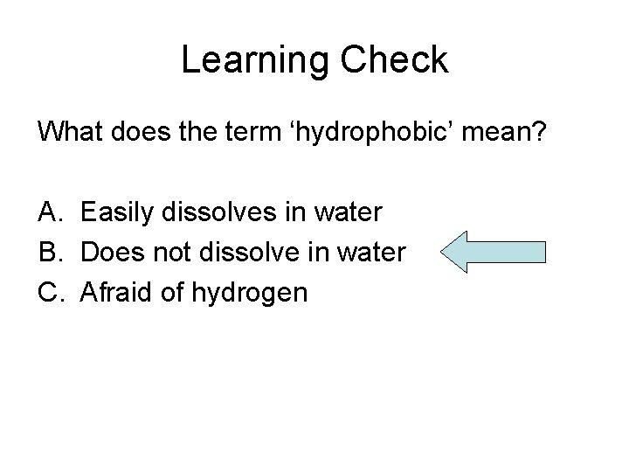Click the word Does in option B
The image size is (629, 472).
[110, 253]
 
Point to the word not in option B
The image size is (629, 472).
[169, 253]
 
